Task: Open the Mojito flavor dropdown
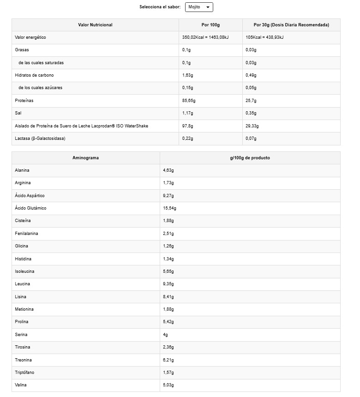click(x=199, y=7)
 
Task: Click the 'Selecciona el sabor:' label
click(x=160, y=7)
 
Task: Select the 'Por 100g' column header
click(x=210, y=25)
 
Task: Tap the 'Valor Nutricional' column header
click(x=95, y=25)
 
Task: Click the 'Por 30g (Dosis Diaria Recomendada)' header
click(x=291, y=25)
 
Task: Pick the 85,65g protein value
click(x=189, y=100)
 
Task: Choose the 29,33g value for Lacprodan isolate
click(x=252, y=126)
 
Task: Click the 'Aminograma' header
click(x=85, y=158)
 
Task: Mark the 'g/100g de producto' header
click(x=250, y=158)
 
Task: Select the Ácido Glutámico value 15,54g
click(x=169, y=208)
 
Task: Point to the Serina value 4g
click(x=166, y=335)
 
